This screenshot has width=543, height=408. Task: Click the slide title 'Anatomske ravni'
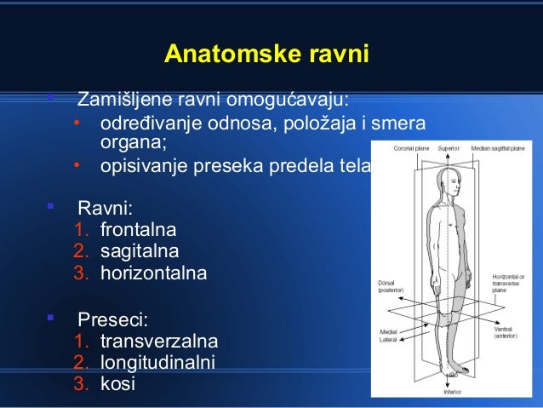point(266,55)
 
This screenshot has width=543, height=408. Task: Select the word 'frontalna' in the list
point(138,230)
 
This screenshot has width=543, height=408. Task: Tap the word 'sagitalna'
point(140,253)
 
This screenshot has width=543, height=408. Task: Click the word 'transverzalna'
point(159,342)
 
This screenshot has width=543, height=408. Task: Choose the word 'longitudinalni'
point(157,364)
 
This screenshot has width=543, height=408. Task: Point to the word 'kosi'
point(117,385)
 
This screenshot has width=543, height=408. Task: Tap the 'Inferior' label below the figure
point(452,393)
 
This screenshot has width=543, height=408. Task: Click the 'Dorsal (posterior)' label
point(391,286)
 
